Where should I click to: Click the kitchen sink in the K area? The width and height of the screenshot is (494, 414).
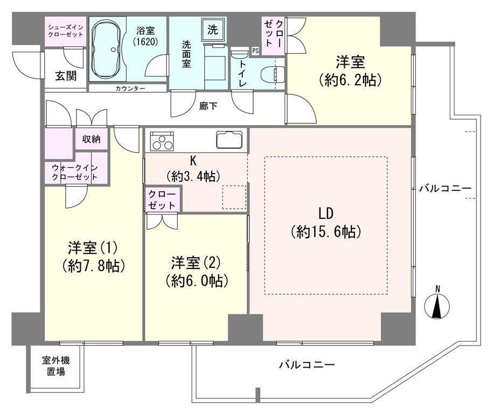[230, 141]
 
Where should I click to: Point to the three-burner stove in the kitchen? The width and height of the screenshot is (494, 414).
[161, 142]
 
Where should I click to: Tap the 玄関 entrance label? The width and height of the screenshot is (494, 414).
[65, 76]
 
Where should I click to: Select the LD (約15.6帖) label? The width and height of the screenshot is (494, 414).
[325, 222]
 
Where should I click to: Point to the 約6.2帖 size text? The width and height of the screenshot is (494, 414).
[350, 80]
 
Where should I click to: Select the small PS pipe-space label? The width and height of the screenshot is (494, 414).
[255, 51]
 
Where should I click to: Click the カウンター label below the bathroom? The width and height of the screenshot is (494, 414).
[130, 88]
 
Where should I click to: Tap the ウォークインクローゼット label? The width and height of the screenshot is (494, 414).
[75, 172]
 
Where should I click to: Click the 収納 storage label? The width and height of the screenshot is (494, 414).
[91, 139]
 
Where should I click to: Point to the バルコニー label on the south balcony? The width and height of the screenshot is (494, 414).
[307, 364]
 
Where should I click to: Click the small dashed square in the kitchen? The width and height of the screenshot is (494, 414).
[235, 197]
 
